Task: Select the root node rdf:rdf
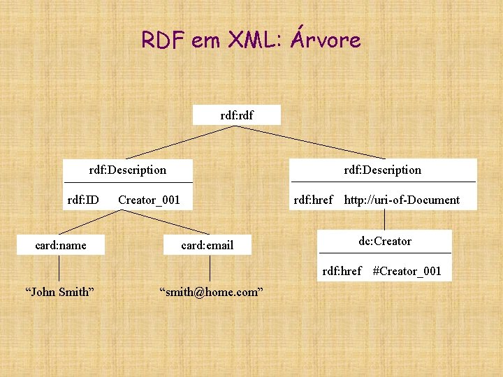click(237, 114)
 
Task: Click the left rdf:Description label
click(128, 170)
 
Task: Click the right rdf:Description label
click(383, 170)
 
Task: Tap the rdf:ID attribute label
click(82, 200)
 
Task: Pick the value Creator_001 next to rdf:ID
click(149, 200)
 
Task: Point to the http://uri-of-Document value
click(402, 200)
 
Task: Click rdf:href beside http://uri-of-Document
click(313, 200)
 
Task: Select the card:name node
click(61, 244)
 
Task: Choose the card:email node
click(207, 245)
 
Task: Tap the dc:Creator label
click(385, 241)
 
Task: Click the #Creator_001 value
click(407, 271)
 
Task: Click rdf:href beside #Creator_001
click(342, 271)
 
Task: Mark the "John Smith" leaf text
click(59, 292)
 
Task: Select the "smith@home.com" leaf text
click(211, 292)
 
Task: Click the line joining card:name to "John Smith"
click(59, 268)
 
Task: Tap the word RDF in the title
click(163, 40)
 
